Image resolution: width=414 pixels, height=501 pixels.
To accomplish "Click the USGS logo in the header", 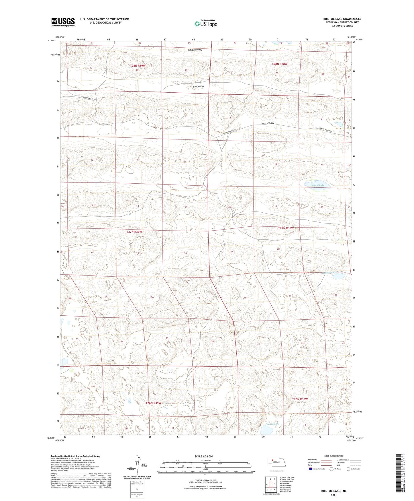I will click(63, 22).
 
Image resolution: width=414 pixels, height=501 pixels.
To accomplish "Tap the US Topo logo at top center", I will click(205, 24).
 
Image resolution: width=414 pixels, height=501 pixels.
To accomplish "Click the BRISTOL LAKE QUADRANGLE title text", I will click(342, 19).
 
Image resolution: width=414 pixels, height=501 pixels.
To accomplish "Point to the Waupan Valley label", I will click(195, 50).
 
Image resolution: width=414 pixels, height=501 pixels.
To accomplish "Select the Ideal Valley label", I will click(198, 86).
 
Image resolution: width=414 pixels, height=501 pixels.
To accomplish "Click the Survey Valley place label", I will click(268, 123).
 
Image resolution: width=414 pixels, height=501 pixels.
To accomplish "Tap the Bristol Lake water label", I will click(318, 186).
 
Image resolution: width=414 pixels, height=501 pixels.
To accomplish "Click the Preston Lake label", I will click(272, 424).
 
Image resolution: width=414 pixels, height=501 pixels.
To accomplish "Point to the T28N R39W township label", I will click(138, 66).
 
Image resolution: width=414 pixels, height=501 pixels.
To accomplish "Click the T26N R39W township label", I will click(153, 403).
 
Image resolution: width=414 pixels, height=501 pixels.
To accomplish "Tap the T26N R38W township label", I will click(300, 399).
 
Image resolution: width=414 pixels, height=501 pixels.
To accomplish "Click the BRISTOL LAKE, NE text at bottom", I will click(333, 491).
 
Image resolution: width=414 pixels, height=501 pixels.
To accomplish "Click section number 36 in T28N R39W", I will click(186, 70).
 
